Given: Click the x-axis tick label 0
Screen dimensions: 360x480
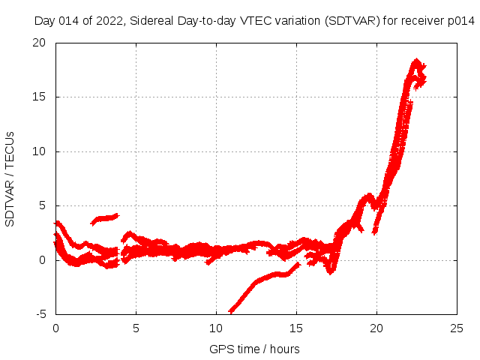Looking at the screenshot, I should (55, 328).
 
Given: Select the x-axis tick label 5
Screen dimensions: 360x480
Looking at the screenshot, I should (136, 328).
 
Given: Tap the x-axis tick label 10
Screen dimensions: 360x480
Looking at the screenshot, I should (216, 328).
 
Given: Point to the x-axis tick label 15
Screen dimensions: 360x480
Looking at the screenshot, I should (296, 328).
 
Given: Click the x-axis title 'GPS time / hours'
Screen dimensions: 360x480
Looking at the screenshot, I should (255, 349).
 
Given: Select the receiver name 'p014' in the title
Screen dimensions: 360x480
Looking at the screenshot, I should (460, 22).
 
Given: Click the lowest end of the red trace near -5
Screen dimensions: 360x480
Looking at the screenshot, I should (231, 310).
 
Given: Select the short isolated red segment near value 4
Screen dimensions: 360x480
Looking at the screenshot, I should (105, 218).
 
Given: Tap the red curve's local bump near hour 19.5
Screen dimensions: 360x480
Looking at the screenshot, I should (367, 197).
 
